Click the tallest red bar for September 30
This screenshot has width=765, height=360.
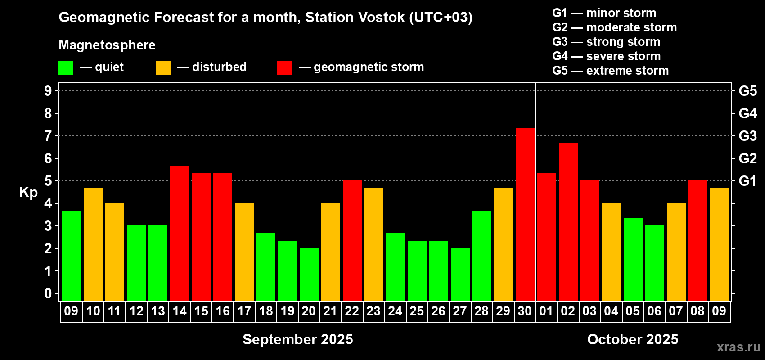(525, 214)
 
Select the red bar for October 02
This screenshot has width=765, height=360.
(568, 222)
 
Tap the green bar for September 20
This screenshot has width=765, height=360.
(309, 274)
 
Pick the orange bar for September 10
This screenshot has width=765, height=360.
(93, 244)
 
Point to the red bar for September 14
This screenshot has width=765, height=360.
(179, 233)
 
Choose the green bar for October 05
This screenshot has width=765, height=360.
(633, 259)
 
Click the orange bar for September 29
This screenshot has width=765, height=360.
(504, 244)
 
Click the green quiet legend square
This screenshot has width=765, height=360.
(66, 67)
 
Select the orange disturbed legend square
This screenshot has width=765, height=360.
(163, 67)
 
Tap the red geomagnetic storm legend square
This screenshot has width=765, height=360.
(284, 67)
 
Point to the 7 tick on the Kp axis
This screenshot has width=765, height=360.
(48, 136)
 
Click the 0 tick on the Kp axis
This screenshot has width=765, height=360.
(48, 293)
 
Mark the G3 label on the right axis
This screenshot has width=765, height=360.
(747, 136)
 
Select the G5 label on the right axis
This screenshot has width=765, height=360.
(747, 91)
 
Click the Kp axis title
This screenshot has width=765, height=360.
(28, 192)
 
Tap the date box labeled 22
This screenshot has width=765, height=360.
(352, 311)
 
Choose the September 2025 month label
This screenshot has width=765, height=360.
(298, 339)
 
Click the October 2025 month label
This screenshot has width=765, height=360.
(633, 339)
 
